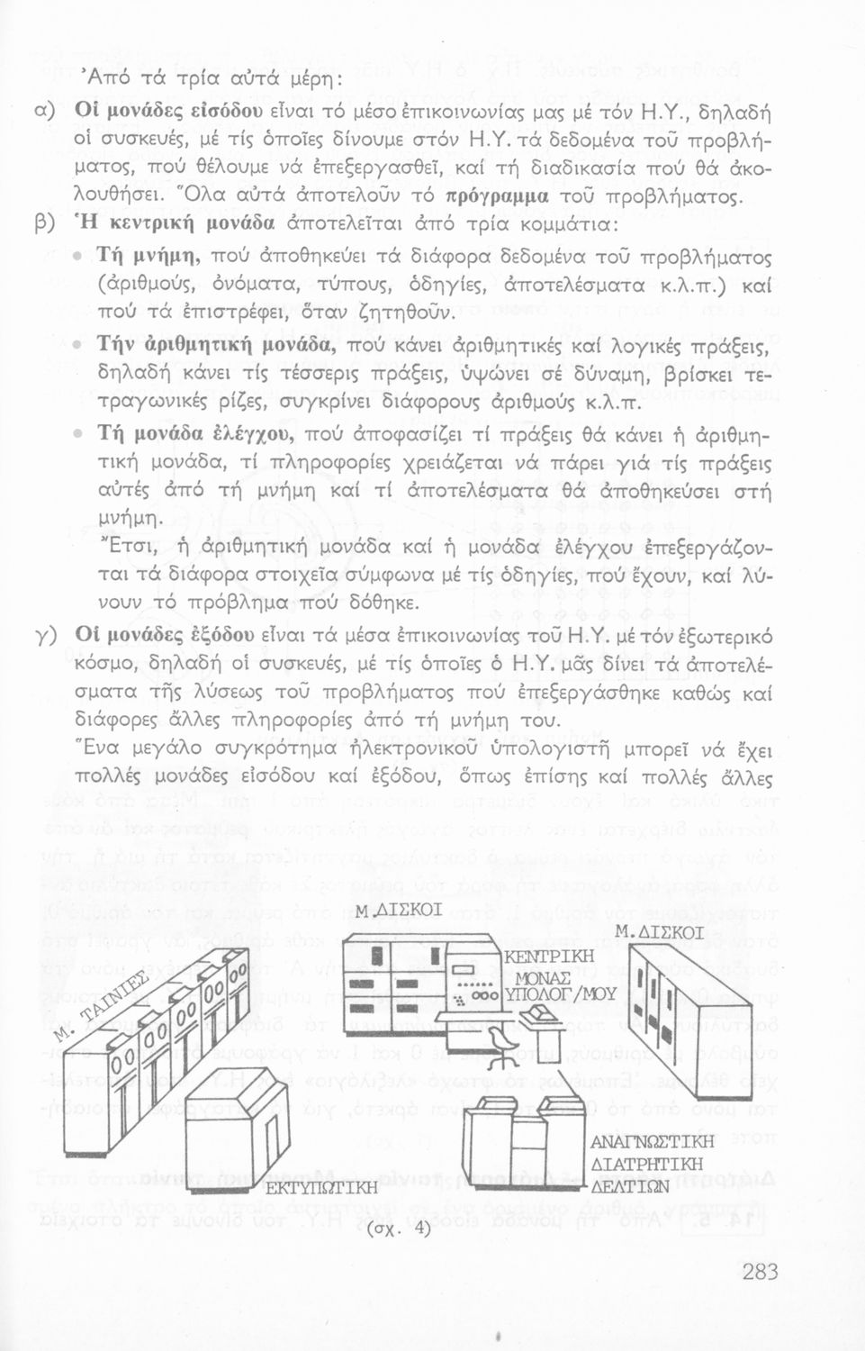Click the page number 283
(x=760, y=1271)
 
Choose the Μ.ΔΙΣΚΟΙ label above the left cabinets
(x=399, y=911)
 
